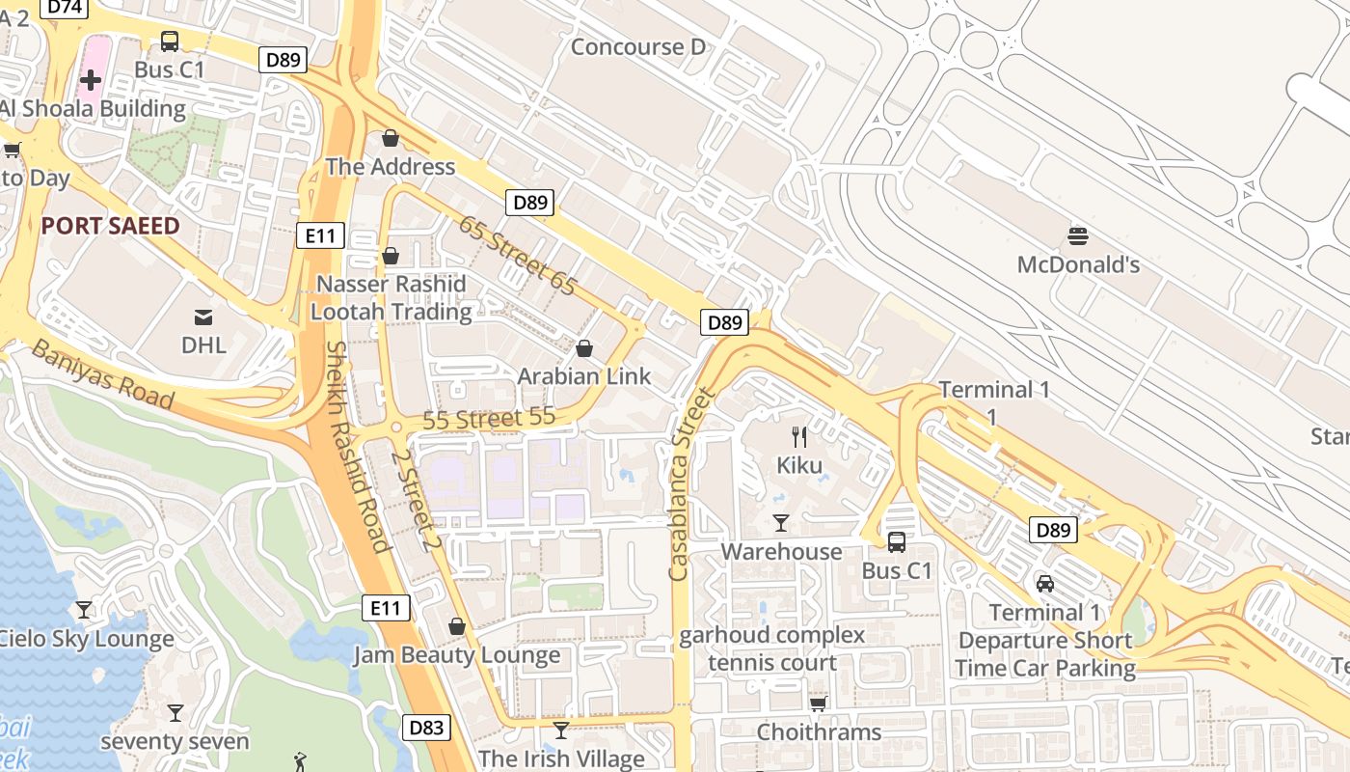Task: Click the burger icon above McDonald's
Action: point(1078,235)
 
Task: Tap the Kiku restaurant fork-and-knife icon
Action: point(799,437)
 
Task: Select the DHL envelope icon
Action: point(203,317)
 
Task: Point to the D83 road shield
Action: point(426,729)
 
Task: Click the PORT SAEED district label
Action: point(110,226)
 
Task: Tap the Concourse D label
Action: point(638,46)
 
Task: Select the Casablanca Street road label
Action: point(691,483)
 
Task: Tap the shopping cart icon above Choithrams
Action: point(818,703)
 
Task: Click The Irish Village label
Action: point(561,758)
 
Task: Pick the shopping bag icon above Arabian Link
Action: point(583,348)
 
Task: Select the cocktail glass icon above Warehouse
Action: point(781,523)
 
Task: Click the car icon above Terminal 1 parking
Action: point(1045,583)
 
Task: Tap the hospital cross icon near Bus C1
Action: point(91,80)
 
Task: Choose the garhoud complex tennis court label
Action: point(771,648)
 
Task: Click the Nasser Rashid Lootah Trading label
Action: point(391,297)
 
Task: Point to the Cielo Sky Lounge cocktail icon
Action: point(84,610)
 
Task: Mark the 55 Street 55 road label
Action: point(489,419)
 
